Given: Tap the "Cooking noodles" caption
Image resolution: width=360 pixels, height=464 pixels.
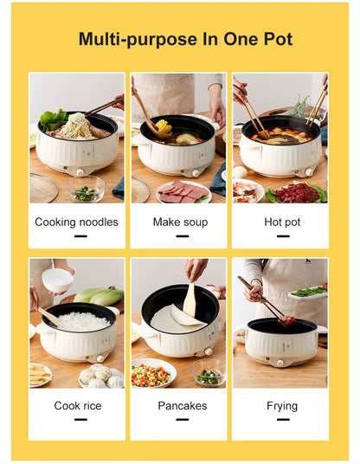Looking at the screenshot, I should [76, 222].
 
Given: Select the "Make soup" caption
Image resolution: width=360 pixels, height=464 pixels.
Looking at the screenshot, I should [180, 222].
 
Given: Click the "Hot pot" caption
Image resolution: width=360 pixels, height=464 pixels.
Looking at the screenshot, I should [282, 222].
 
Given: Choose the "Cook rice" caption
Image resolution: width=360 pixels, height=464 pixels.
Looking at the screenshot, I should [77, 406].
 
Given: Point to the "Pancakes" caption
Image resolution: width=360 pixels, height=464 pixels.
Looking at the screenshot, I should [182, 406].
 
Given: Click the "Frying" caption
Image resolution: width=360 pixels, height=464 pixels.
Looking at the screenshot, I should [282, 406].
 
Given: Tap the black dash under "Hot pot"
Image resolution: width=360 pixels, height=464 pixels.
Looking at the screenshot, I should [282, 235].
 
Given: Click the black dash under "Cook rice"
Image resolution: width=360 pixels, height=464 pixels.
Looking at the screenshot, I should [80, 419].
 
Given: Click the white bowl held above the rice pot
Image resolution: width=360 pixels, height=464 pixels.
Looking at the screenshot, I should [58, 280].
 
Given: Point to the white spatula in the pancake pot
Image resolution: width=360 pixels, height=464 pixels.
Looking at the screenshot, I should [189, 299].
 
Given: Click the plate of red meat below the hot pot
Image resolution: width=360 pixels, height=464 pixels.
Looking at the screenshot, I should [299, 191].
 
